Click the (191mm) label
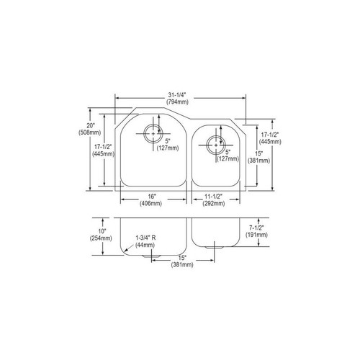coord(266,235)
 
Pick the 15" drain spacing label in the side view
coord(181,257)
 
